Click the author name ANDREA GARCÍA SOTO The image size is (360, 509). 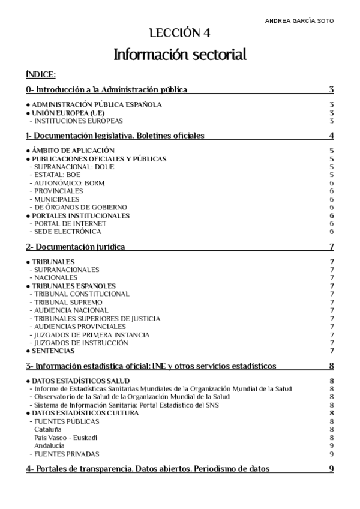[x=299, y=20]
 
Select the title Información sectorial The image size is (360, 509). [x=180, y=55]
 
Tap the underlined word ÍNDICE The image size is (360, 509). [x=41, y=75]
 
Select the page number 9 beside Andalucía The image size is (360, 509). [x=331, y=446]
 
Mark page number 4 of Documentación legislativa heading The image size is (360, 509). [x=331, y=136]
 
